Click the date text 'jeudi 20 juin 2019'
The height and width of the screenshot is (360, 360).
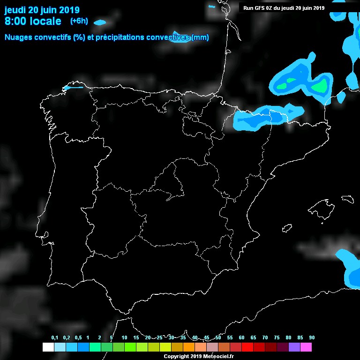coord(42,10)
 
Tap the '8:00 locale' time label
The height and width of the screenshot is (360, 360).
coord(33,21)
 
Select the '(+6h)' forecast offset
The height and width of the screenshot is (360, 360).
coord(79,21)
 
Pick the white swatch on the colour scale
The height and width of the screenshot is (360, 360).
coord(48,347)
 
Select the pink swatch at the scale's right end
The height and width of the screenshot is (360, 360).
coord(306,347)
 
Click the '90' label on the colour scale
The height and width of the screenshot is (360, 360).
coord(312,338)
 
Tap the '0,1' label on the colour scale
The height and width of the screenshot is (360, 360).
coord(55,338)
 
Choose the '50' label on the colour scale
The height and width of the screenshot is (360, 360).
coord(218,338)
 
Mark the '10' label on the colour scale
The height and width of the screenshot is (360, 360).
coord(124,338)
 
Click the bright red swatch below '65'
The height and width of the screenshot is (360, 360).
coord(247,347)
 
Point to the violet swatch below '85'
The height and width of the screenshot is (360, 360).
coord(294,347)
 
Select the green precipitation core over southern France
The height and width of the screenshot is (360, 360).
coord(320,86)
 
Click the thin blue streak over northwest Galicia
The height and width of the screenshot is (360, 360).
coord(73,87)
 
